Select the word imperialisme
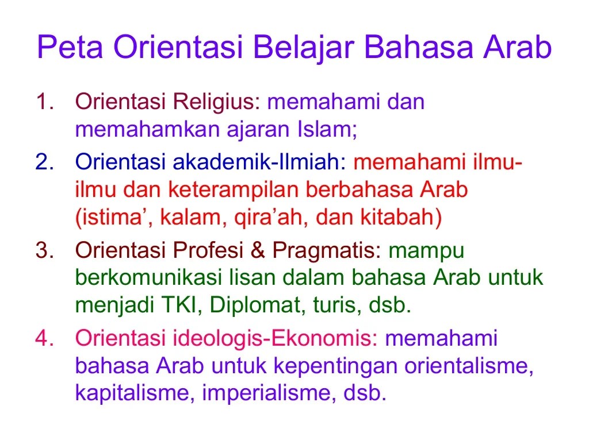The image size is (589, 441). (267, 393)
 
